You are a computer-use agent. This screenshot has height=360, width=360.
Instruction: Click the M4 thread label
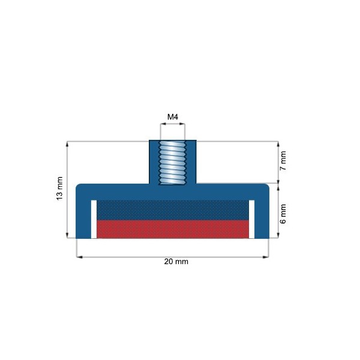[173, 116]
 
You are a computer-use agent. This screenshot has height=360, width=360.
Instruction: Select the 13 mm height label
[59, 189]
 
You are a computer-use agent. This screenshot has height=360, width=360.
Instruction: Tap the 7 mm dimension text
[284, 161]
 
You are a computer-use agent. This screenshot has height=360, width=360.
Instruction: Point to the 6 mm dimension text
[284, 213]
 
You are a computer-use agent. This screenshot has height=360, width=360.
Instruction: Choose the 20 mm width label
[172, 262]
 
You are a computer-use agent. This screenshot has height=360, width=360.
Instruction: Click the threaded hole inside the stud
[173, 162]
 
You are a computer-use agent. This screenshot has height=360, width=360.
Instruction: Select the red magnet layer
[173, 229]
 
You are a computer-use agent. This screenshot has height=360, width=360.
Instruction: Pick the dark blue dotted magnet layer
[173, 209]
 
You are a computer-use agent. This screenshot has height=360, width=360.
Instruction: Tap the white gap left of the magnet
[93, 219]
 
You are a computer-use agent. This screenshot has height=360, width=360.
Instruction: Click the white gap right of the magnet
[251, 219]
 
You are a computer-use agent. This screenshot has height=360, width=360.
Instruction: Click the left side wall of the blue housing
[83, 216]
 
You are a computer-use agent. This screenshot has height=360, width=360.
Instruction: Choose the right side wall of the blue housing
[261, 216]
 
